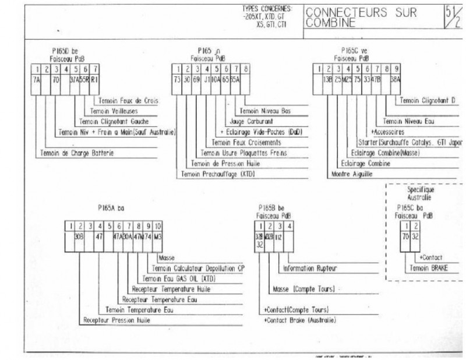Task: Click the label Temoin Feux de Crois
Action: pyautogui.click(x=129, y=100)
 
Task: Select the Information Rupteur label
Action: pyautogui.click(x=310, y=269)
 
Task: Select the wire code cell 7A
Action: pyautogui.click(x=36, y=80)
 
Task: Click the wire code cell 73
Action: pyautogui.click(x=177, y=80)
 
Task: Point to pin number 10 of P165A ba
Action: pyautogui.click(x=158, y=225)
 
